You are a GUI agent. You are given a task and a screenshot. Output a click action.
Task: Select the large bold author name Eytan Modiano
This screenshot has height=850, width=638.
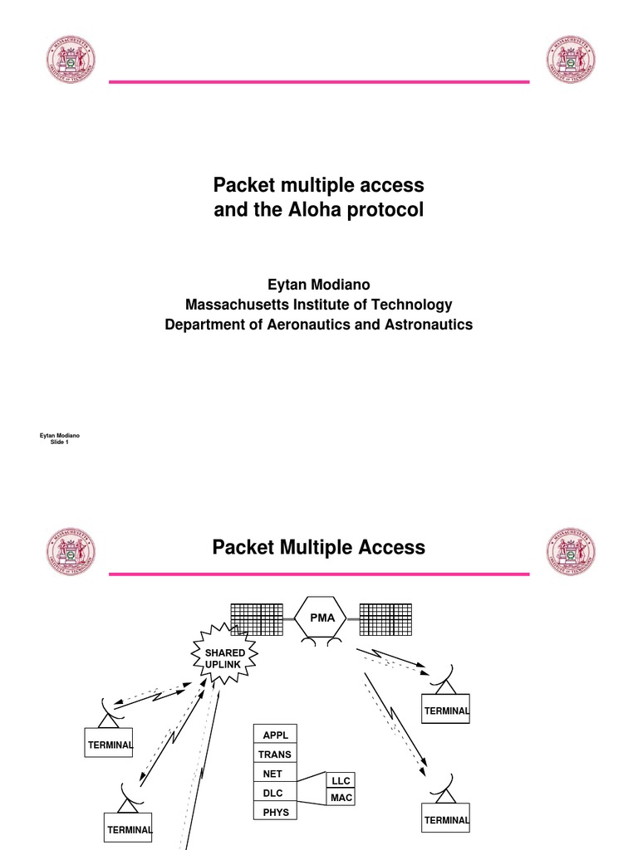point(319,285)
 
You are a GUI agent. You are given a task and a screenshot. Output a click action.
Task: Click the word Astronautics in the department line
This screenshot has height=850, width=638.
point(425,325)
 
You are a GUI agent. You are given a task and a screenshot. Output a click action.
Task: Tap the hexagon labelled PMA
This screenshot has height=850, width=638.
point(323,618)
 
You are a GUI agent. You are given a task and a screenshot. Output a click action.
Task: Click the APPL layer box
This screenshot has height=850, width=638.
point(275,735)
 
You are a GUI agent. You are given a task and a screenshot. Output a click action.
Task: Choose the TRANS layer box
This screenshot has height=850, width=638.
point(275,755)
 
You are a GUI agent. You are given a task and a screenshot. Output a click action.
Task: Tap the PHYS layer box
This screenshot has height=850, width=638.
point(275,812)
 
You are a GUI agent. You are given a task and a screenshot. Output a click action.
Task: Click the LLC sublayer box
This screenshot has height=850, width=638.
point(341,780)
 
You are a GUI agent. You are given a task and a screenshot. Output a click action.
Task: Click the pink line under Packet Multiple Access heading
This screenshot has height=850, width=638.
point(319,574)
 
